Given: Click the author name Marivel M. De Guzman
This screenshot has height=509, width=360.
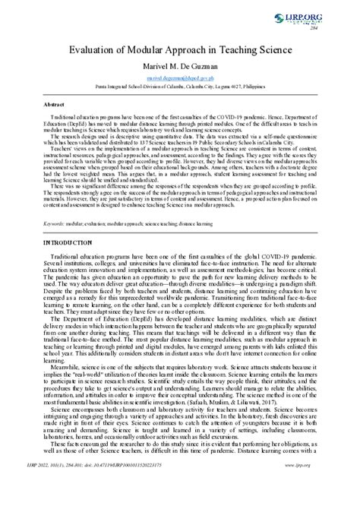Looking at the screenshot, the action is [180, 67].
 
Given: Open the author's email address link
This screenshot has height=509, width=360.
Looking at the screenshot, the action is [180, 79].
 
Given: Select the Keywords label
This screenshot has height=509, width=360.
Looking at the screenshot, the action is [54, 203].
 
